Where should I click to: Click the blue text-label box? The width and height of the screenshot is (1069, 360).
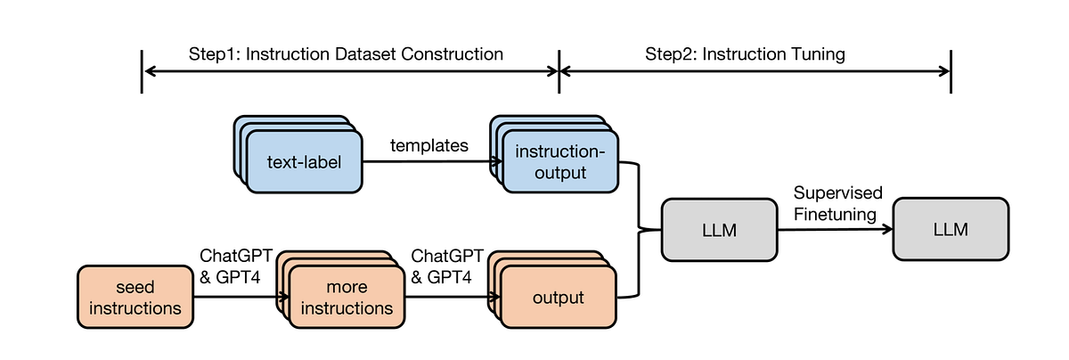304,162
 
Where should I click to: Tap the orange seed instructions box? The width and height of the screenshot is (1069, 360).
135,298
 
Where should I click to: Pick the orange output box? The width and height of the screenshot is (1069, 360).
559,298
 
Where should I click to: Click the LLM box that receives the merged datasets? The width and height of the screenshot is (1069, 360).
719,230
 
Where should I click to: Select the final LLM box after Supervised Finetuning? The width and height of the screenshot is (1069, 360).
951,230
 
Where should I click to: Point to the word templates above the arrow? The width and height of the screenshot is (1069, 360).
428,145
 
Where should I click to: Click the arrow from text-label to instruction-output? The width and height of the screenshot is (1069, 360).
428,162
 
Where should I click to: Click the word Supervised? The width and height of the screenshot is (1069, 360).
837,193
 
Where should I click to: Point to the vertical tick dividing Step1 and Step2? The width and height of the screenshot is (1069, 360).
559,71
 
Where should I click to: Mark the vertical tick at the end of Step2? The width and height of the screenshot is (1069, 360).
951,71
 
